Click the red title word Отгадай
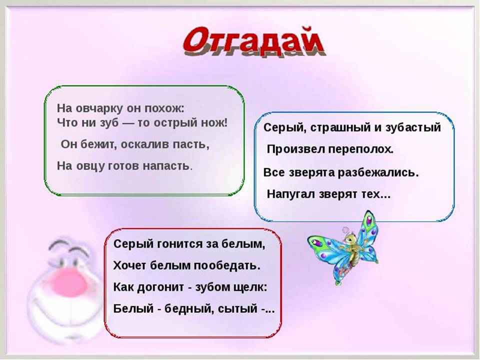click(x=253, y=41)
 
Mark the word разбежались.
click(x=378, y=172)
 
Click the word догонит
click(x=160, y=287)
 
